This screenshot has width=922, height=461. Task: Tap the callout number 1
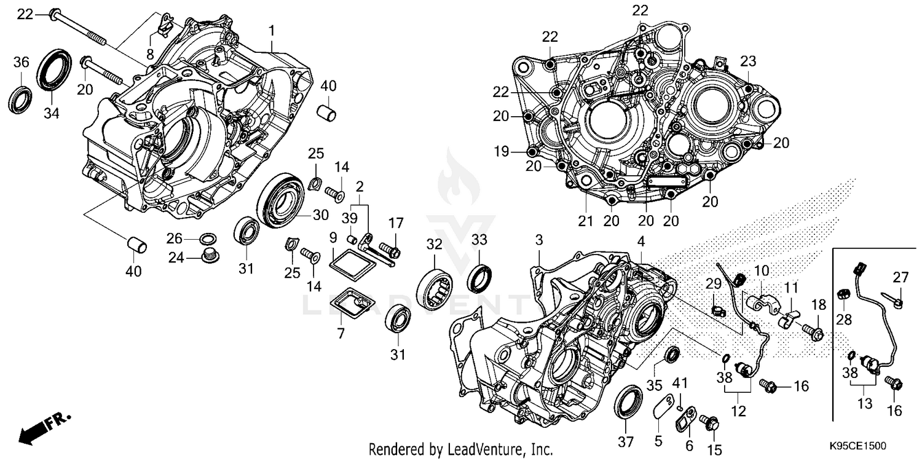(x=271, y=30)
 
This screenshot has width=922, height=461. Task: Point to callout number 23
(x=747, y=61)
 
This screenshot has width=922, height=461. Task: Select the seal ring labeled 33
(x=480, y=277)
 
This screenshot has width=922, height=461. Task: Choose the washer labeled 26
(x=209, y=238)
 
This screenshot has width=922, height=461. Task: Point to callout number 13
(x=864, y=403)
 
